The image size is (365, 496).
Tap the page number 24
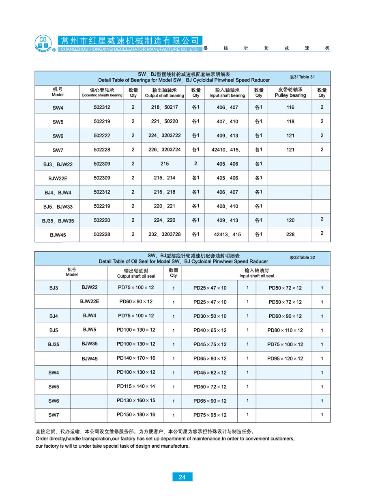point(182,477)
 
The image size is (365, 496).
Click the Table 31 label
point(302,77)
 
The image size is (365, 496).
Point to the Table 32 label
point(302,257)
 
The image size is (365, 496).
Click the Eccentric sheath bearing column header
point(102,93)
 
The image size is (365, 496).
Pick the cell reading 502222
point(102,136)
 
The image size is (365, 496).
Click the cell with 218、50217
point(164,108)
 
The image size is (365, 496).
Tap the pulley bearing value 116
point(290,108)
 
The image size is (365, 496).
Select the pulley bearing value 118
point(290,121)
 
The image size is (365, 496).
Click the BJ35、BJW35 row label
point(58,221)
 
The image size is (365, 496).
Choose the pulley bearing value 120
point(290,220)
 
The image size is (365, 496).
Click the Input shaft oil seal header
point(257,273)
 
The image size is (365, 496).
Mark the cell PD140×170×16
point(136,358)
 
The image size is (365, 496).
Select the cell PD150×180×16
point(136,415)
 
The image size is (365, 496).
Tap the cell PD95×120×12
point(285,359)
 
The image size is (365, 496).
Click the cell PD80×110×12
point(285,330)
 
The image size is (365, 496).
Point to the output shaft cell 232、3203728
point(164,235)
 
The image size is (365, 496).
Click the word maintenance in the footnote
point(204,439)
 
